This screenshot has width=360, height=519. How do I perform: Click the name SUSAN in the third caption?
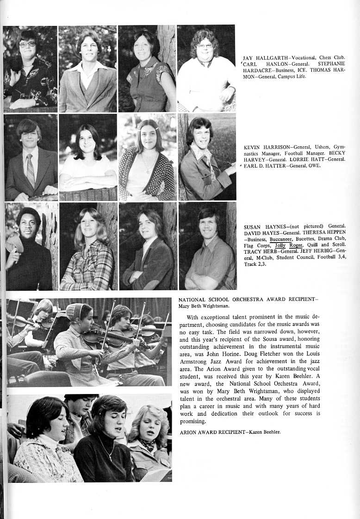click(x=254, y=227)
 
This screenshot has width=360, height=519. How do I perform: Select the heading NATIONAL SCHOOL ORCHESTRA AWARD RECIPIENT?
click(x=248, y=300)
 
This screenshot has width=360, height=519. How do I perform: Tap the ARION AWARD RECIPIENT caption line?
click(x=230, y=432)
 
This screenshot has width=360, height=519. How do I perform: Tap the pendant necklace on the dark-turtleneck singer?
click(x=110, y=453)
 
